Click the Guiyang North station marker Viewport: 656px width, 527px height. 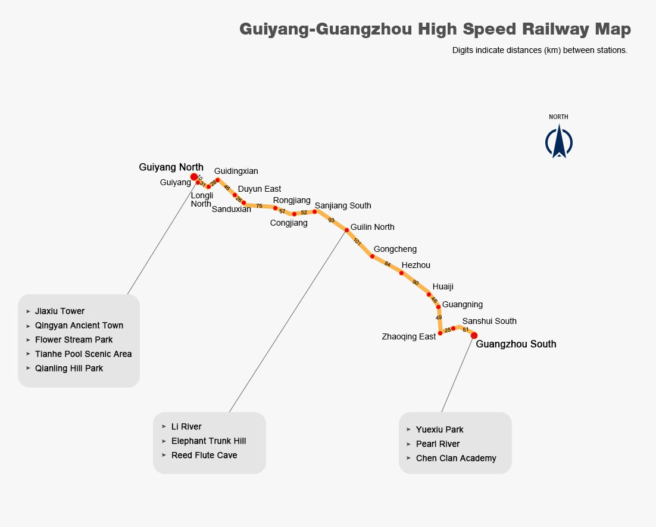tap(194, 177)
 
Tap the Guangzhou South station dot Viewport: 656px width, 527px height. tap(474, 336)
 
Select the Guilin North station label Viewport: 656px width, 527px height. tap(372, 227)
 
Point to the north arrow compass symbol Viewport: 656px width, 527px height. tap(558, 142)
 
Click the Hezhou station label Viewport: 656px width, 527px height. tap(416, 265)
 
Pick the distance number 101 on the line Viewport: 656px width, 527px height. tap(357, 242)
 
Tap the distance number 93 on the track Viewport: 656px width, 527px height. tap(331, 220)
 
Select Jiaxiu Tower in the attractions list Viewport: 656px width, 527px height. tap(60, 311)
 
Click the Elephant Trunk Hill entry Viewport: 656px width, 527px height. tap(208, 441)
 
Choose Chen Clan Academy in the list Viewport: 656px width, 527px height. tap(456, 458)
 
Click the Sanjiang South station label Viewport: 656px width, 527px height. tap(343, 205)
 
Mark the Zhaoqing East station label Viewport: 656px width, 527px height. tap(409, 336)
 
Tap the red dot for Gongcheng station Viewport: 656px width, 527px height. tap(372, 257)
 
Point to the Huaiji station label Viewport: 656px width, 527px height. tap(443, 286)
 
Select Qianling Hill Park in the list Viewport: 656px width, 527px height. tap(69, 368)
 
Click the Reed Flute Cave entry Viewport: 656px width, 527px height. tap(204, 455)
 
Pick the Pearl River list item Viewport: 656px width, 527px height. tap(438, 444)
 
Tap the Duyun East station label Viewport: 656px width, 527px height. tap(260, 189)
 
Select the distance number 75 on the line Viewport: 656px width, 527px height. tap(259, 206)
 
